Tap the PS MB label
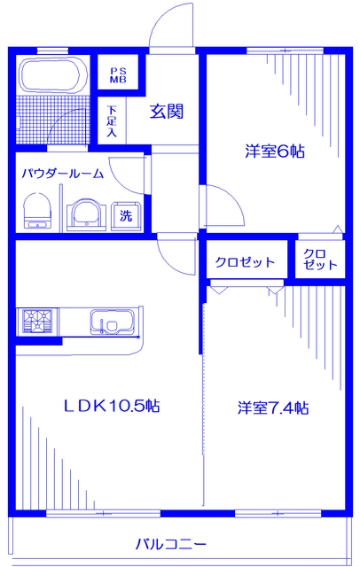point(118,75)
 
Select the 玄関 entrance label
point(166,112)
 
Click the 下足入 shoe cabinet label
point(112,121)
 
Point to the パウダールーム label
point(63,174)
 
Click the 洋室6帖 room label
point(275,151)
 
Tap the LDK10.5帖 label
point(112,407)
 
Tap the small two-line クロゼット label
point(319,259)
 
